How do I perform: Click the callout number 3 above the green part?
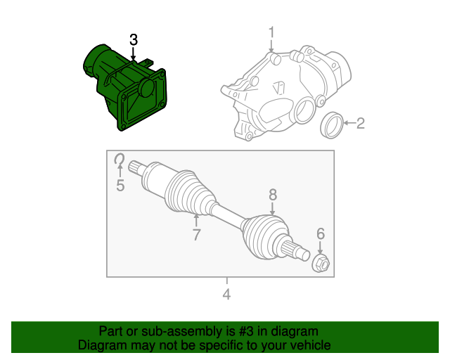[134, 40]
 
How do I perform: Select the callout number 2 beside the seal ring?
[360, 124]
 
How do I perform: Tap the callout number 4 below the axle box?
[226, 294]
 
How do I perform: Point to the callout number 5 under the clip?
[120, 186]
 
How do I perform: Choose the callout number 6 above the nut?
[320, 234]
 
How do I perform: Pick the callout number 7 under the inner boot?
[196, 235]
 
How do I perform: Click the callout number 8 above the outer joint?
[273, 195]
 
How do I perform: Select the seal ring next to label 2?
[332, 124]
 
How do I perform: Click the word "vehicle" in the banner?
[309, 345]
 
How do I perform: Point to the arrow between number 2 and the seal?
[349, 124]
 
